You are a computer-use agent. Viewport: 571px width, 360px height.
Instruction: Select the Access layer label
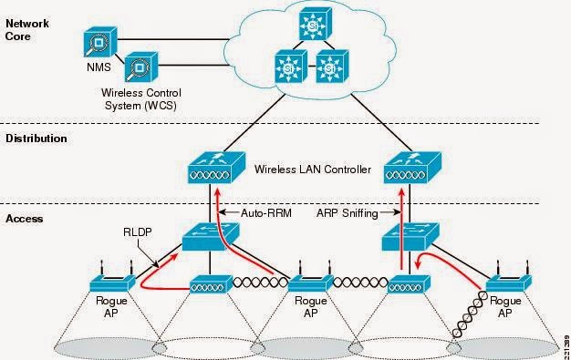coord(24,219)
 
